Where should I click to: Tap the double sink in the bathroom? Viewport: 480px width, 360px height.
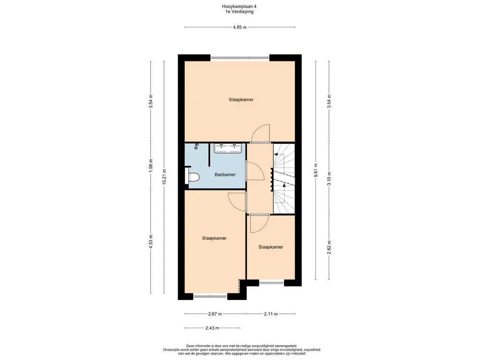(228, 148)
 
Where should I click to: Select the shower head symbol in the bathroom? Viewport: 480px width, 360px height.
(196, 146)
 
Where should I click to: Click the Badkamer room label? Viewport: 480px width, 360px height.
(225, 175)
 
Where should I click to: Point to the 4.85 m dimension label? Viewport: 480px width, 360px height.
(240, 27)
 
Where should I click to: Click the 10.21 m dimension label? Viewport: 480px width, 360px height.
(164, 177)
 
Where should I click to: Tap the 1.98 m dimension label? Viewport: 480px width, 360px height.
(150, 165)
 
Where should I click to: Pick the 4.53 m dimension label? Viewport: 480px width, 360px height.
(150, 241)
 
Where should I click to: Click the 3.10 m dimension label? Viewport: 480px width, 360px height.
(329, 179)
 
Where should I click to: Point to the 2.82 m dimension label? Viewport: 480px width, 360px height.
(329, 247)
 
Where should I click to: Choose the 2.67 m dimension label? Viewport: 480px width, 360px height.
(215, 314)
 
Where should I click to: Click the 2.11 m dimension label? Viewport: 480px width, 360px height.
(270, 314)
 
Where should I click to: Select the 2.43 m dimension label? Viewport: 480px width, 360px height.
(212, 328)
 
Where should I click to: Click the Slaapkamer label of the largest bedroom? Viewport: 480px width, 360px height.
(241, 99)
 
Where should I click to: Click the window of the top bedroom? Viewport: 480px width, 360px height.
(240, 58)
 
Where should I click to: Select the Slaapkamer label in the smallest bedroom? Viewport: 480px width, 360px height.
(270, 247)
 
